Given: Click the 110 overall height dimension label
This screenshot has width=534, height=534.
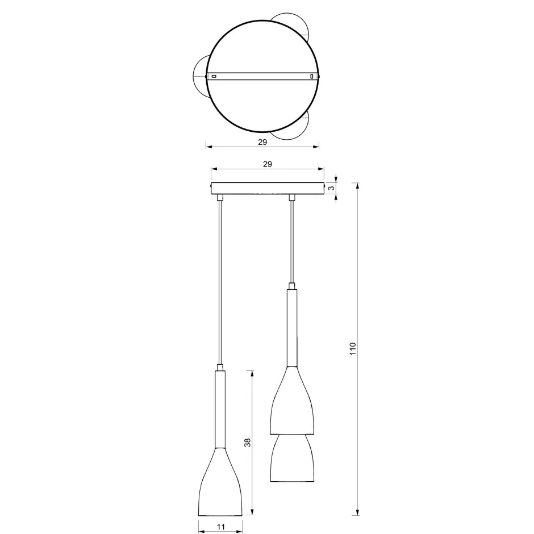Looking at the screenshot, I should coord(352,348).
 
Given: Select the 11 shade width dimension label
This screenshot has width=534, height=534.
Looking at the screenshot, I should coord(220,527).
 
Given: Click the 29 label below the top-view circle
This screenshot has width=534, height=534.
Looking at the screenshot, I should coord(262,142).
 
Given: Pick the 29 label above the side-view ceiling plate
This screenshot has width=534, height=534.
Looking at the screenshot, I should coord(268,164).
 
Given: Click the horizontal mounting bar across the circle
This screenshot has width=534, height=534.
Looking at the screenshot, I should coord(262,76).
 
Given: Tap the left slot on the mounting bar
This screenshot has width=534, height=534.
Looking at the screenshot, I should coord(214,76).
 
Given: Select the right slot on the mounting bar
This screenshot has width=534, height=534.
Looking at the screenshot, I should coord(311,76).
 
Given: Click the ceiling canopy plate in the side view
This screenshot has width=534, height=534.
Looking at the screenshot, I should coord(268,188).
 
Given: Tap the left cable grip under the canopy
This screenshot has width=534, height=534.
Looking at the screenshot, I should coord(220,198).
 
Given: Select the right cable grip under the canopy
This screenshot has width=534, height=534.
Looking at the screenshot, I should coord(292,198).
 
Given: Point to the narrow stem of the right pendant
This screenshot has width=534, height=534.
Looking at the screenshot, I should coord(291,327).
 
